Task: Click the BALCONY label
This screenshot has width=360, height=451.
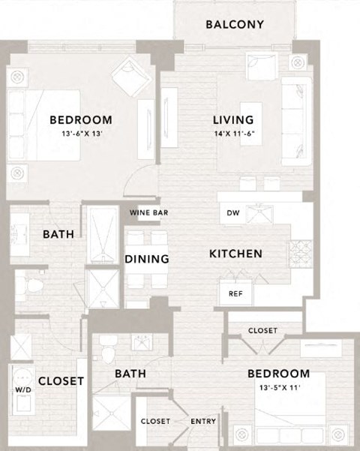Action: click(235, 25)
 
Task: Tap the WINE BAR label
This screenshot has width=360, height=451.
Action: click(148, 213)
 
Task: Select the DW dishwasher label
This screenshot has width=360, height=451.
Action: click(233, 213)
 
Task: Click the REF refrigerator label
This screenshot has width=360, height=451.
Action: click(235, 293)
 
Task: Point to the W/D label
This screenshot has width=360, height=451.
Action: click(23, 389)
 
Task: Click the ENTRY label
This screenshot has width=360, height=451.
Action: click(203, 422)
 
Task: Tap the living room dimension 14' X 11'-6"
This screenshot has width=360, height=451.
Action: click(234, 134)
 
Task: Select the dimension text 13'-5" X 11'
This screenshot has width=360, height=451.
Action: click(280, 388)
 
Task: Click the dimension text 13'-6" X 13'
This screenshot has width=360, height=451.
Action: click(82, 134)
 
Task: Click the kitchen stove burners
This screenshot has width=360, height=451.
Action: click(301, 254)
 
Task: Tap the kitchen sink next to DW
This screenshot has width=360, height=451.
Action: click(260, 215)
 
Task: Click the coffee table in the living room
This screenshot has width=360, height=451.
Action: click(251, 124)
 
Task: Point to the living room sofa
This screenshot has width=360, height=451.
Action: click(297, 122)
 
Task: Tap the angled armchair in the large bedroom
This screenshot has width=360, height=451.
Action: click(131, 76)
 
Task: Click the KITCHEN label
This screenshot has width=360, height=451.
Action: click(235, 254)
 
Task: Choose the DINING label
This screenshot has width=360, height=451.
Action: click(147, 259)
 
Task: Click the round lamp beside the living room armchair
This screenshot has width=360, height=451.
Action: click(298, 62)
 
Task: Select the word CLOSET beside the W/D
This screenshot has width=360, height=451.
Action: click(61, 381)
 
